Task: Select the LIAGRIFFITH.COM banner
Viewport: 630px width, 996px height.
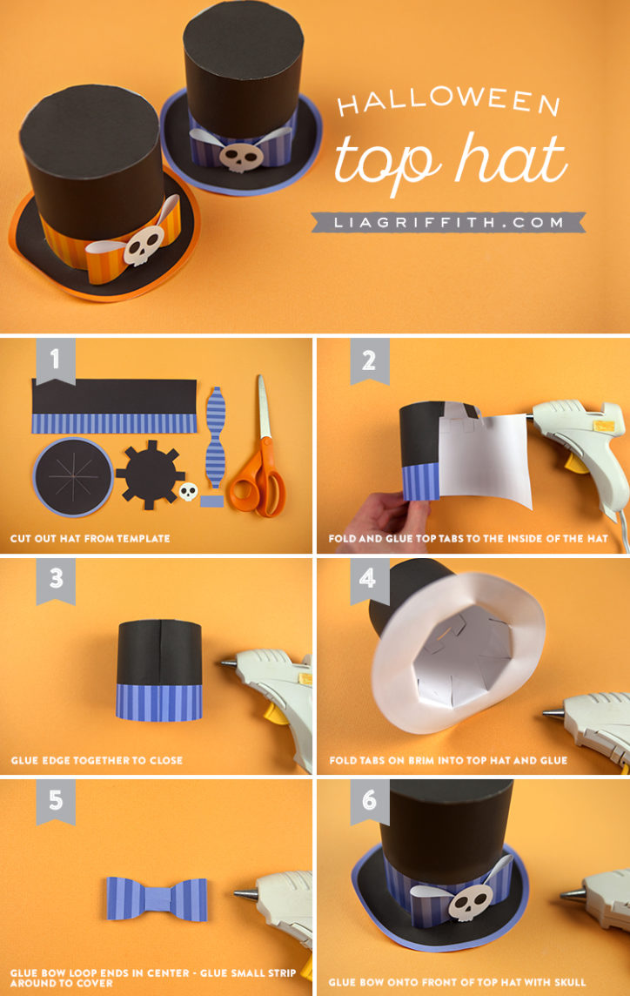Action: click(448, 222)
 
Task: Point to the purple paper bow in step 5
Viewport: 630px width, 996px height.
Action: click(157, 896)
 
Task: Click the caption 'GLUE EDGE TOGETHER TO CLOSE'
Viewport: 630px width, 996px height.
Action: click(97, 760)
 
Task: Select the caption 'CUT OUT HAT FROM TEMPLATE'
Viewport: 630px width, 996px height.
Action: click(90, 539)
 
